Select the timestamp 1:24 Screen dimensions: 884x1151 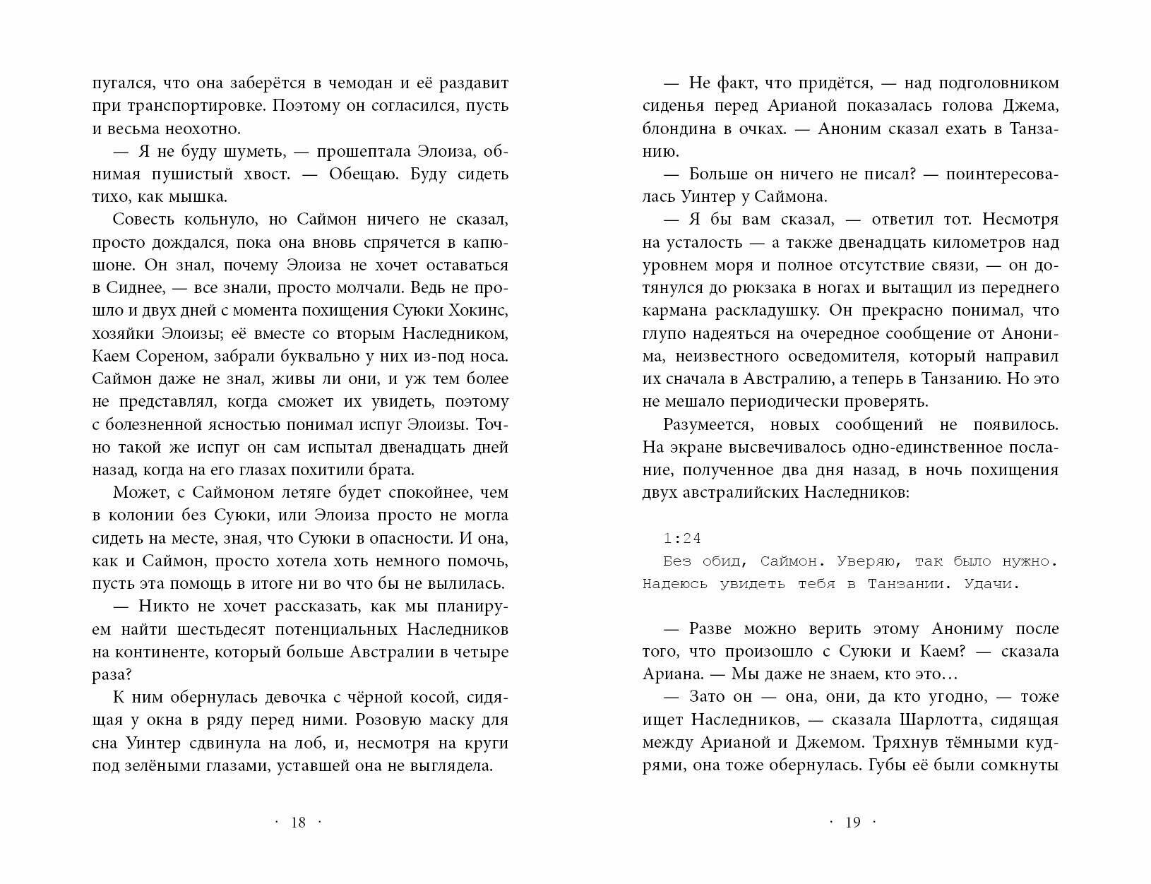[x=682, y=539]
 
